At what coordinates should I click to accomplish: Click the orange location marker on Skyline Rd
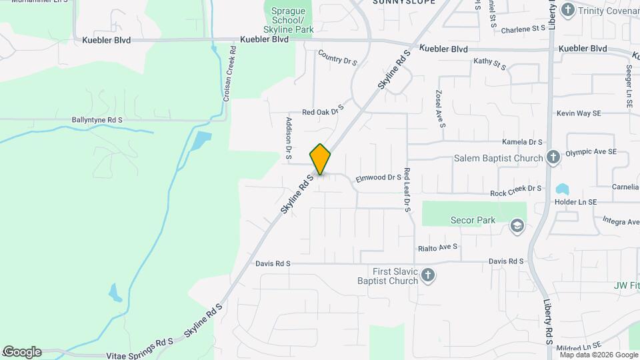pos(320,159)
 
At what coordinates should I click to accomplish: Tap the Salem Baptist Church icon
pos(553,158)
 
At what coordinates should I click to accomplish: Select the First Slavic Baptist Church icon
pos(428,275)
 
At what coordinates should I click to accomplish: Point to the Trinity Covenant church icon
pos(567,10)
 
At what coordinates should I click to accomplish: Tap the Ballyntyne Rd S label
pos(97,120)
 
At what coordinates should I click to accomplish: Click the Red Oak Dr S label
pos(322,110)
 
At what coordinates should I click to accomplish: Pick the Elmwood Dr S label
pos(378,178)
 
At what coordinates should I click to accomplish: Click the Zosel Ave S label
pos(439,109)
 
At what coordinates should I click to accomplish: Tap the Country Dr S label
pos(337,59)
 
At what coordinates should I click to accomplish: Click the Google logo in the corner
pos(22,352)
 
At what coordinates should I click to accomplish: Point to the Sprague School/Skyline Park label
pos(288,21)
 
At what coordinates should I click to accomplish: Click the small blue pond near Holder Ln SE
pos(562,189)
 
